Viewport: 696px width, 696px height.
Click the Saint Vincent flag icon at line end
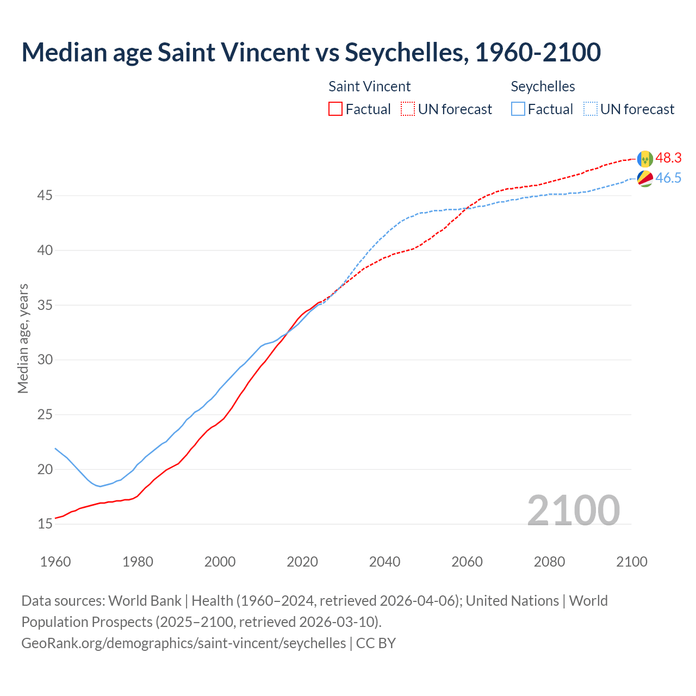(x=645, y=159)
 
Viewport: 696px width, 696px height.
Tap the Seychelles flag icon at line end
(x=645, y=178)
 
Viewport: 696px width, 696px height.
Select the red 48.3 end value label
(x=668, y=158)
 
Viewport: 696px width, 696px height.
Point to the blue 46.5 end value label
(x=668, y=178)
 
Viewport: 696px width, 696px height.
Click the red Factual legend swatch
(x=335, y=109)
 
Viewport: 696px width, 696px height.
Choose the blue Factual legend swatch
(x=518, y=109)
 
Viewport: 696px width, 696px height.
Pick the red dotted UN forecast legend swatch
(x=408, y=109)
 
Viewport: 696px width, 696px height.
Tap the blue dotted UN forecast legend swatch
(x=591, y=109)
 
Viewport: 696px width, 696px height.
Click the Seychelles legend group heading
(x=543, y=86)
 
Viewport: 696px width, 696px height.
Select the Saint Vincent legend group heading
(x=369, y=86)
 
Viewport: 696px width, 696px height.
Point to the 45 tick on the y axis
(x=45, y=195)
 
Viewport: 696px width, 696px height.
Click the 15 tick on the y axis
(x=45, y=524)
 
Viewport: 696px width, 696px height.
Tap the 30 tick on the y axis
(x=45, y=359)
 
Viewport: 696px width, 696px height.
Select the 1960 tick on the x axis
(x=55, y=562)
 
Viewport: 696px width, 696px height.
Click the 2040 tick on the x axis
(x=384, y=562)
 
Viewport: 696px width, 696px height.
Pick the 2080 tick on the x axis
(x=549, y=562)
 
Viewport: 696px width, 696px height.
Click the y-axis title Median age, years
(x=23, y=338)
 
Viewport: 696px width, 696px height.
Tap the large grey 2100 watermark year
(x=573, y=510)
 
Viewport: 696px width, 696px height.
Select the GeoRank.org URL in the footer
(x=183, y=643)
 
